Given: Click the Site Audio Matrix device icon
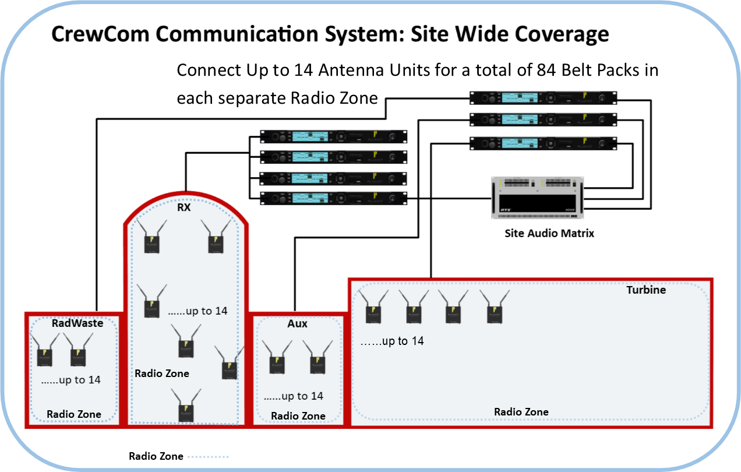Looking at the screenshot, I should (x=538, y=198).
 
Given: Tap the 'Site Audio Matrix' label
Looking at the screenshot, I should (x=549, y=234).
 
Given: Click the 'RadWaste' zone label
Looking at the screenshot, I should (x=77, y=323).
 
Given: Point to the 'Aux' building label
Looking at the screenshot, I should (x=297, y=323).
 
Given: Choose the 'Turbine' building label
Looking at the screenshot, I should (x=646, y=290).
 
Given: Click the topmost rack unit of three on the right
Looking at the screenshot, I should (x=543, y=98).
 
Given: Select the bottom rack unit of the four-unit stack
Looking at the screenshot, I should (x=333, y=198).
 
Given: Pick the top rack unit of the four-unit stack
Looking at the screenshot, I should (x=333, y=137).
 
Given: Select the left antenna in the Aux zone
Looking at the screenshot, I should (x=277, y=358).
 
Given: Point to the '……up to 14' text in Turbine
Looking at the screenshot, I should (x=392, y=341).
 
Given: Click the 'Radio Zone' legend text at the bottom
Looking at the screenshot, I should (x=156, y=456).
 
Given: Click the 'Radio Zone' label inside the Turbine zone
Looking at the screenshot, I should (x=521, y=412).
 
